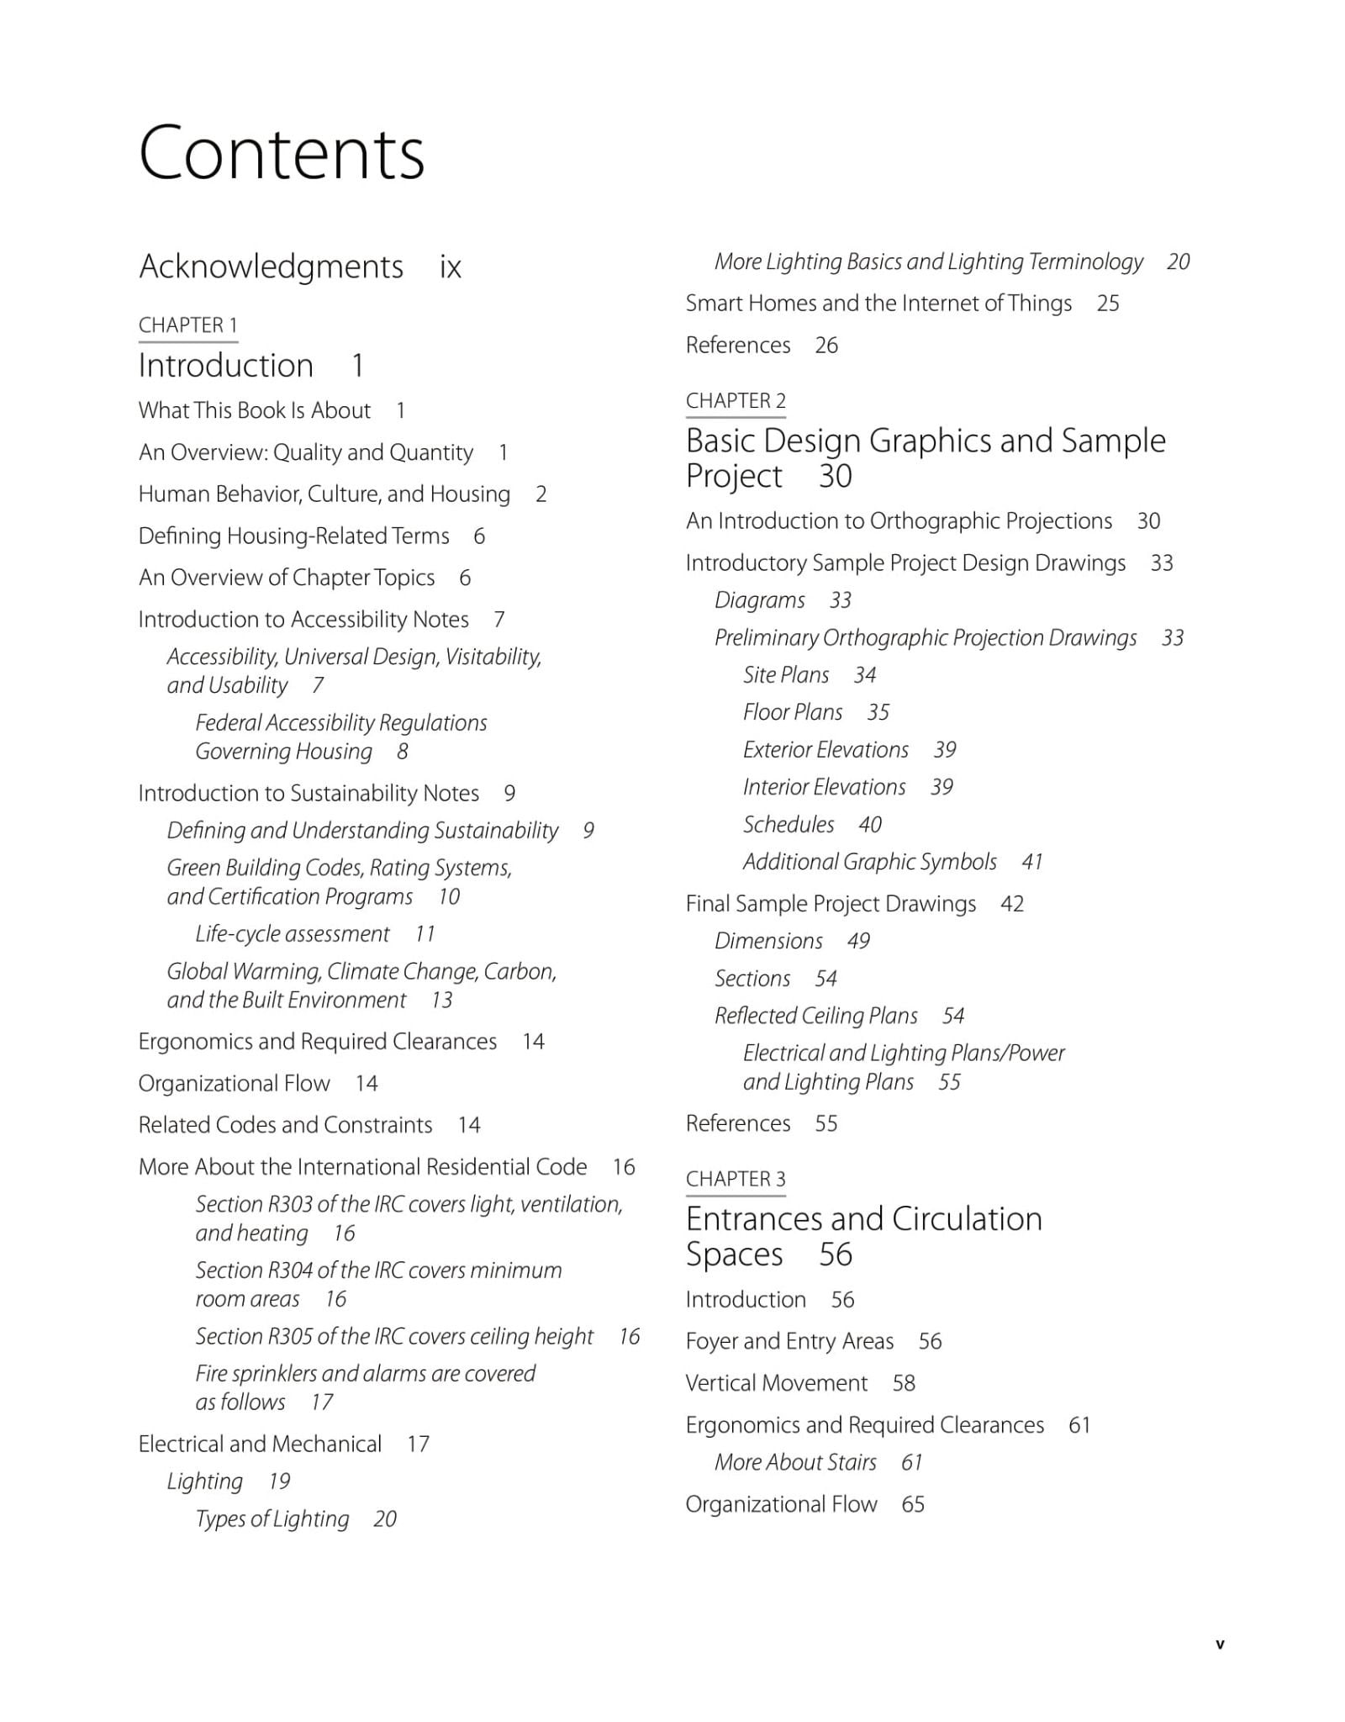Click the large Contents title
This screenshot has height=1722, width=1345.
(x=282, y=153)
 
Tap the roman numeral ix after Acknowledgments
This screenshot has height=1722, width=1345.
(x=451, y=267)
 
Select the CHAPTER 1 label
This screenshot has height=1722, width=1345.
(x=187, y=325)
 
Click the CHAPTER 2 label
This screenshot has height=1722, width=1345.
(x=736, y=401)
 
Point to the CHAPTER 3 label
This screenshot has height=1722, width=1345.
(x=736, y=1179)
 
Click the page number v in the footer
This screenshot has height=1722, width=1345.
(x=1220, y=1645)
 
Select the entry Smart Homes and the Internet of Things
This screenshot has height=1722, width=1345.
(x=878, y=304)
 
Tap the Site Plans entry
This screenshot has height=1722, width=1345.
(x=785, y=675)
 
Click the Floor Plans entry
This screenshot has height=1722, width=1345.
(x=792, y=712)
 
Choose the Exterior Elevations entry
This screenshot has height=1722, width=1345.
(x=825, y=750)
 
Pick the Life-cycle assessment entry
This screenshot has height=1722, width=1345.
(x=293, y=934)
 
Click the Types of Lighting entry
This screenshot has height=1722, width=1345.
(x=272, y=1519)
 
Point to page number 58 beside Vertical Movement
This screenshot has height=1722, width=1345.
(x=904, y=1383)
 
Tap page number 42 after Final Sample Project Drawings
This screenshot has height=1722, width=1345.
(x=1012, y=904)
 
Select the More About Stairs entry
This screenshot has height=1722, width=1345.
(x=795, y=1462)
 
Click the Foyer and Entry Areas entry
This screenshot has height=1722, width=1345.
(x=789, y=1341)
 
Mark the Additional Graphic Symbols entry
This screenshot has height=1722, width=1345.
(x=869, y=862)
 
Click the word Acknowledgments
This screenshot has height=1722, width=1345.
(x=271, y=267)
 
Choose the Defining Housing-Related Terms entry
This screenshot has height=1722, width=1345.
(x=293, y=536)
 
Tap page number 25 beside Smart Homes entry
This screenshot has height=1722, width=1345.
(x=1108, y=304)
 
